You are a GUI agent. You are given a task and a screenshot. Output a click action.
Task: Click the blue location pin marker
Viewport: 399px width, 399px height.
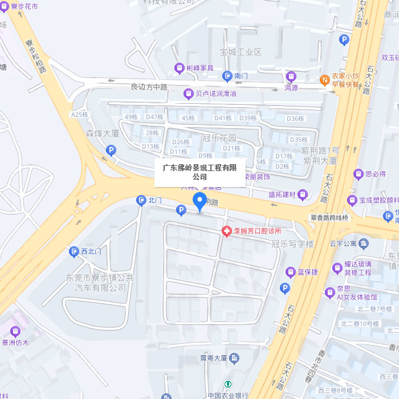[199, 201]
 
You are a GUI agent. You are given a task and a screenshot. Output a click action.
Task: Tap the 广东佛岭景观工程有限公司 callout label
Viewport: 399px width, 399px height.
[199, 172]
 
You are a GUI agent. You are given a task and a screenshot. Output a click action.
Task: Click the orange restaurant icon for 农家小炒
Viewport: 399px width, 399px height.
[325, 79]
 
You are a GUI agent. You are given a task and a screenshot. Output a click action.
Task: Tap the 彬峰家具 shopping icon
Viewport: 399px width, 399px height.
[180, 68]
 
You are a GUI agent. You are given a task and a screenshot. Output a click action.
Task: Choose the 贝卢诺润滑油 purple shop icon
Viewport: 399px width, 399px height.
[188, 93]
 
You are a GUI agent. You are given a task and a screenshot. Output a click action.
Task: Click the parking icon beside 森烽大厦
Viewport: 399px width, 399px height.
[111, 150]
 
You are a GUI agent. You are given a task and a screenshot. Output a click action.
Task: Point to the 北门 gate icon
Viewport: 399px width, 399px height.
[141, 201]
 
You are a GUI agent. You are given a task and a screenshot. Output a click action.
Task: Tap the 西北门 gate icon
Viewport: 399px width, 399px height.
[74, 251]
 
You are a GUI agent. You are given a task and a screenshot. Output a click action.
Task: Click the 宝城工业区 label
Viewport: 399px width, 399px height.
[241, 52]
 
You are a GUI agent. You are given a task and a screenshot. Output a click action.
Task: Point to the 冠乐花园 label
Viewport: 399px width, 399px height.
[219, 138]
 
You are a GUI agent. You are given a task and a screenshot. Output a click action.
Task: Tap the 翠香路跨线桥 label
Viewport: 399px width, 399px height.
[329, 218]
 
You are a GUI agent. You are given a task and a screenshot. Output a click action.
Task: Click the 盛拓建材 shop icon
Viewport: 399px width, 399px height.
[303, 195]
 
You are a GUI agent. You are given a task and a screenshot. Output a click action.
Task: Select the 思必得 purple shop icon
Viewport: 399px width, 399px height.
[359, 174]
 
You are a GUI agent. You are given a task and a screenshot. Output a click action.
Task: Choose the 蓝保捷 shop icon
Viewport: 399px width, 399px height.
[290, 272]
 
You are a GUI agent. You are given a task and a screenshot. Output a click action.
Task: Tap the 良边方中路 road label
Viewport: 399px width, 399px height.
[149, 87]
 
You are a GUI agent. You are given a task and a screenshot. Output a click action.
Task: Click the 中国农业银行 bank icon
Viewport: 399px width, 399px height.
[227, 385]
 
